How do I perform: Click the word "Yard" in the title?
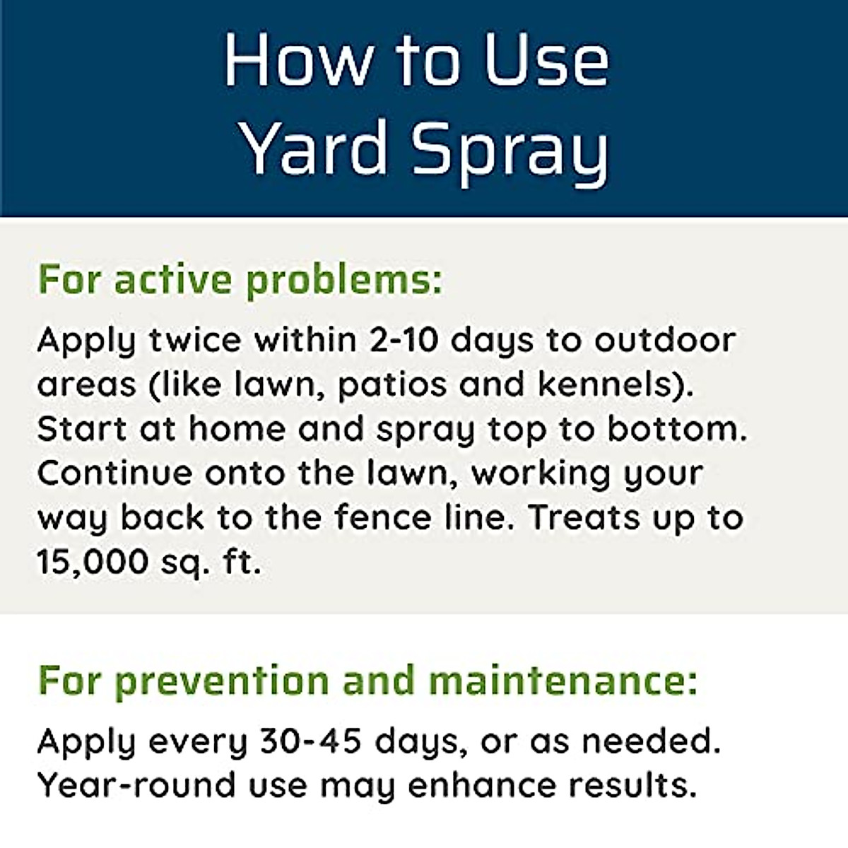click(315, 148)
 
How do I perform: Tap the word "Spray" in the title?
click(510, 150)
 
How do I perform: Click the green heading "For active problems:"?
click(240, 280)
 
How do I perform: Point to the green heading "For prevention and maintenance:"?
click(367, 681)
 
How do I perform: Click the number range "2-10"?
click(405, 340)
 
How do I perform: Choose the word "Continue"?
click(114, 473)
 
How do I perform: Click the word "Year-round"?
click(136, 785)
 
